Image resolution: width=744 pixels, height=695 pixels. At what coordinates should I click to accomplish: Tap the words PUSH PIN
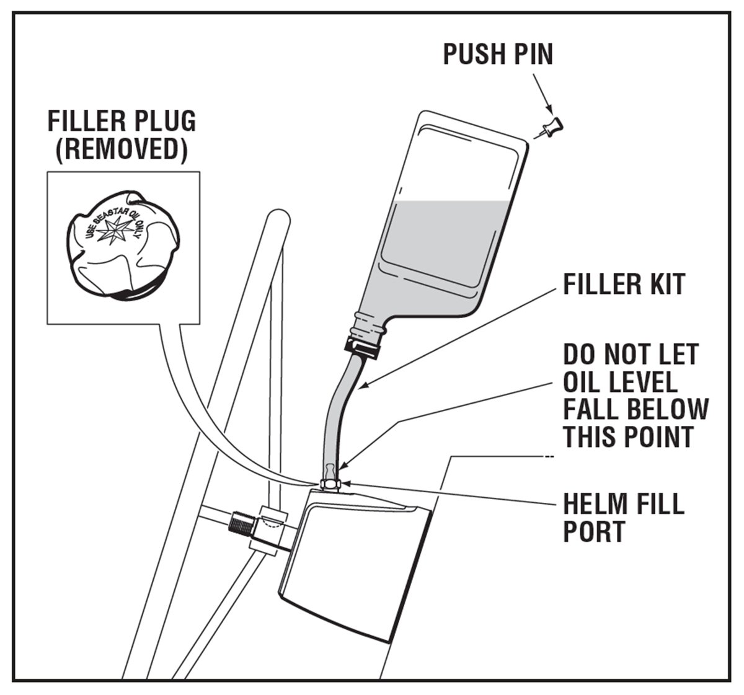[497, 54]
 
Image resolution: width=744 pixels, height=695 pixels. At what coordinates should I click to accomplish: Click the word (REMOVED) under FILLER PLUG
[122, 150]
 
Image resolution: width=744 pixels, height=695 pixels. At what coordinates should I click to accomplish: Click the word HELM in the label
[594, 503]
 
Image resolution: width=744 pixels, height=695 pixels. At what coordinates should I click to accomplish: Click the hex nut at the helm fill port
[329, 483]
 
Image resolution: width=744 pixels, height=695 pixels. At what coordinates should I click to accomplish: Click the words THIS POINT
[627, 437]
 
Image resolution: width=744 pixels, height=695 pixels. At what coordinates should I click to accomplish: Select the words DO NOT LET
[631, 355]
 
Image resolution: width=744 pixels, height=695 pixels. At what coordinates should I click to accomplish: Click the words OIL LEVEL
[620, 382]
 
